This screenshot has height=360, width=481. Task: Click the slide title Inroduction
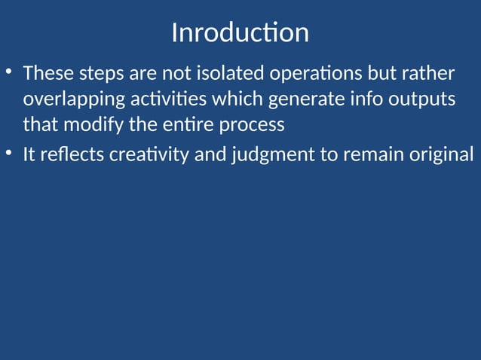tap(240, 33)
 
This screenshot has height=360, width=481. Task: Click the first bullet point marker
tap(8, 73)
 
